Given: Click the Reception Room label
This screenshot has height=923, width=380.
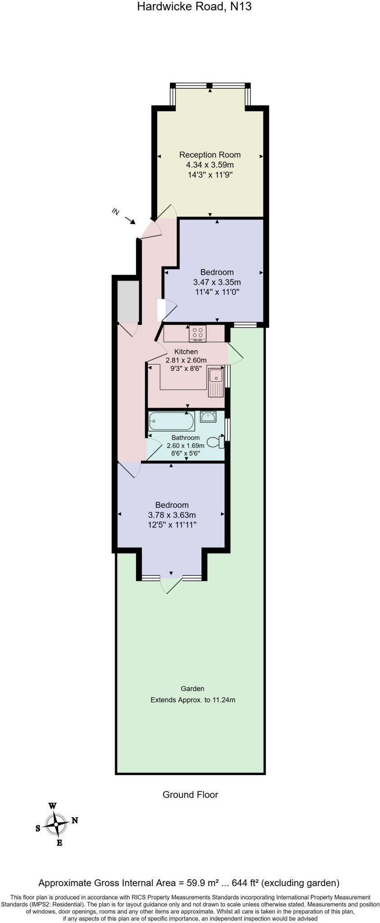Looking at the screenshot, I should coord(210,155).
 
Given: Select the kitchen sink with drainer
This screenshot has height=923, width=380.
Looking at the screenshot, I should coord(216,382).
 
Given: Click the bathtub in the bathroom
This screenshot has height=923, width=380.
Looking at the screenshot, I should coord(171,420).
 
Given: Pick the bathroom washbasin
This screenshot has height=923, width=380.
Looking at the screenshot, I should coord(208,416).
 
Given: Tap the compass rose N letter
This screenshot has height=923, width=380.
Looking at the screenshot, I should coord(75,820).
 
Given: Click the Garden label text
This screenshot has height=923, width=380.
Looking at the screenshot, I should coord(192,688).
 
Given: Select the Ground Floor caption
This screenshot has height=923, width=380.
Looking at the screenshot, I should coord(190,794).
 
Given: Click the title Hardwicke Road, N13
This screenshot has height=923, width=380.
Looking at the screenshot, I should coord(194,7).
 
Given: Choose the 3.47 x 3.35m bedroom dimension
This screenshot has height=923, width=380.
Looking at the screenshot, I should coord(217,282).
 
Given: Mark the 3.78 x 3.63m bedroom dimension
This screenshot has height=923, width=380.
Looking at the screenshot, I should coord(172,515).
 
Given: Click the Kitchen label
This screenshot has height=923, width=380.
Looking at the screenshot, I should coord(186,352).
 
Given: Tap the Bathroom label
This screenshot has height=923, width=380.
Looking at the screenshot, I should coord(185,438).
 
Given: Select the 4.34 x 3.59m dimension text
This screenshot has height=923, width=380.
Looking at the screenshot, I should coord(210,165).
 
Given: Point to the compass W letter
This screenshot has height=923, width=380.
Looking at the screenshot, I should coord(53,806).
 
